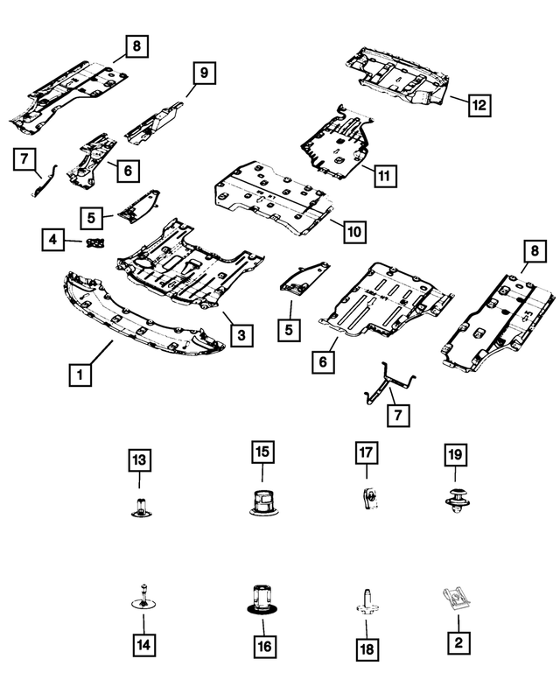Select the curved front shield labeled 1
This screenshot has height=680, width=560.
(x=140, y=319)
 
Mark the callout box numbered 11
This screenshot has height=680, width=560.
(x=382, y=175)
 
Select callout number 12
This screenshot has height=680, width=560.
(x=478, y=105)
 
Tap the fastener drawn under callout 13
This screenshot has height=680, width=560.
(x=139, y=505)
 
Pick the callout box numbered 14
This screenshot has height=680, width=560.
(x=141, y=644)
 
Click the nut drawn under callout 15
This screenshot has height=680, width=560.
(x=261, y=502)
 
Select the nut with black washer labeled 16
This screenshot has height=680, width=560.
(x=261, y=598)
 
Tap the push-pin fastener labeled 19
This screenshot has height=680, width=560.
(x=456, y=502)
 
